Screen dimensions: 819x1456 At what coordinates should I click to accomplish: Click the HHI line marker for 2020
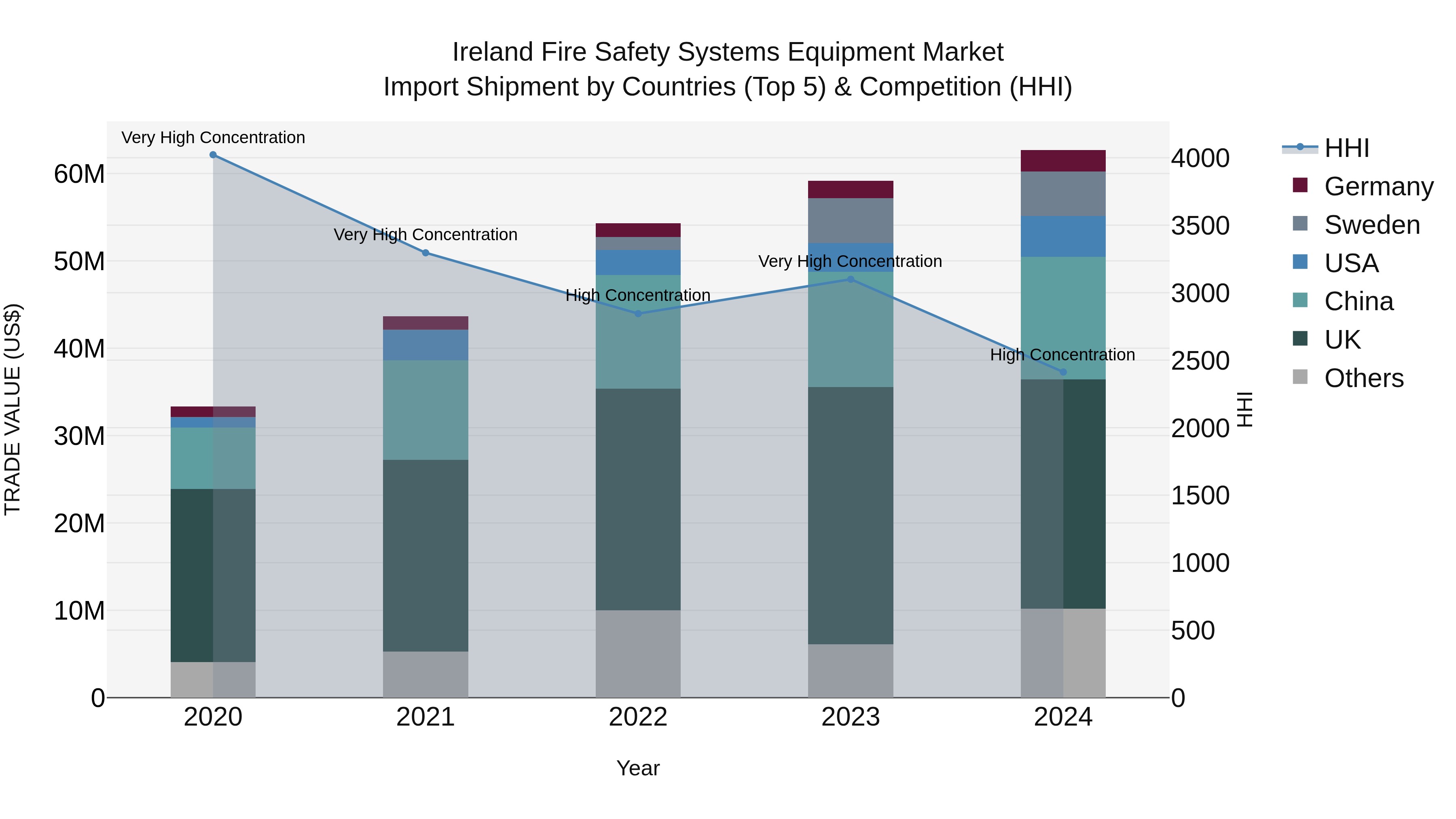point(213,155)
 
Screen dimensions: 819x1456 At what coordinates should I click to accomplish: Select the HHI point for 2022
point(638,314)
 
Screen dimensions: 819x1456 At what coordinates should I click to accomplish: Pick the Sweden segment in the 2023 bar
point(851,220)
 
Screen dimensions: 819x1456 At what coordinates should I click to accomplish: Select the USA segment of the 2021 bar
point(425,345)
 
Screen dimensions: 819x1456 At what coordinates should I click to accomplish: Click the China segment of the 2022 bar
point(638,332)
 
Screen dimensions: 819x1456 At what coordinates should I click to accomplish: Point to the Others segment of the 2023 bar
point(851,671)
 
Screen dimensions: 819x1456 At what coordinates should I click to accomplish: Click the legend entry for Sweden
point(1372,225)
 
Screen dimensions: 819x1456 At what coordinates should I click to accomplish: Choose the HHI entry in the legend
point(1346,148)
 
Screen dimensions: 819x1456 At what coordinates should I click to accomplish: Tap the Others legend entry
point(1363,378)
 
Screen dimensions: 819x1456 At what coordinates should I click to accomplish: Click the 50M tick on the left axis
point(79,262)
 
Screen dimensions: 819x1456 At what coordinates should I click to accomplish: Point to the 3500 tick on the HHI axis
point(1200,226)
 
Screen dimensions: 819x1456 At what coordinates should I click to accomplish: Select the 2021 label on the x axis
point(425,717)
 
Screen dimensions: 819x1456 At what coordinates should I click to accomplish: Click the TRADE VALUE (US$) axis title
point(13,409)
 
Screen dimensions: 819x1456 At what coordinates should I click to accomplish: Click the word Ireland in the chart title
point(492,52)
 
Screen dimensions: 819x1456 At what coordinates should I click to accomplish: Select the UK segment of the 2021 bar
point(425,556)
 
